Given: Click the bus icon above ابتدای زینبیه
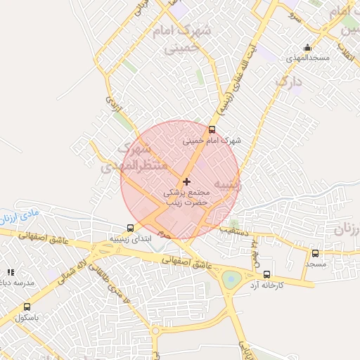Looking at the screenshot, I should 129,228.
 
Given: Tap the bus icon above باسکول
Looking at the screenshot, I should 27,307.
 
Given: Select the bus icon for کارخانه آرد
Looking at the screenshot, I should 266,275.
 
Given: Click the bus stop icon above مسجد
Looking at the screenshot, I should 315,253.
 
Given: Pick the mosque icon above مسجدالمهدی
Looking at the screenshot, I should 307,48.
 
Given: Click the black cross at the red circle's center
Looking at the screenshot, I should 186,181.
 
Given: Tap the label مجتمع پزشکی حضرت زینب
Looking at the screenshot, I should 186,196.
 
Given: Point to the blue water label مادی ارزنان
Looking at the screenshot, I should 25,213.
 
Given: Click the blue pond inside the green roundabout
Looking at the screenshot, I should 231,280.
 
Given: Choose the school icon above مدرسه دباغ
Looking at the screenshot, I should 10,271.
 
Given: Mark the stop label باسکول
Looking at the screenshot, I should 27,318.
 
